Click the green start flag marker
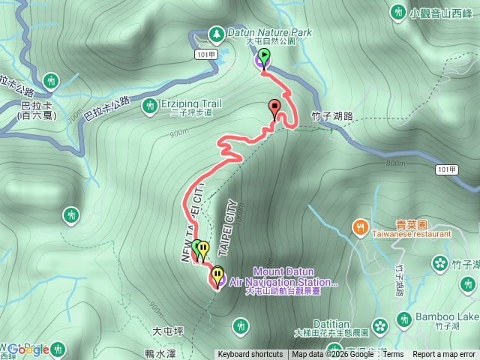coord(264,55)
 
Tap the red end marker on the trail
coord(274,106)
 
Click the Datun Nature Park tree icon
coord(216,34)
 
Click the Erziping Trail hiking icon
coord(149,106)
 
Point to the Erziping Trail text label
coord(191,103)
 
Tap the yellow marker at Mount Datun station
coord(217,275)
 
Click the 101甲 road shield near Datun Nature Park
coord(204,55)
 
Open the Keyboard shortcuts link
coord(250,355)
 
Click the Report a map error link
coord(445,355)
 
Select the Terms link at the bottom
coord(393,355)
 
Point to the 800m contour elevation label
coord(395,163)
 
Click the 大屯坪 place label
coord(168,331)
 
